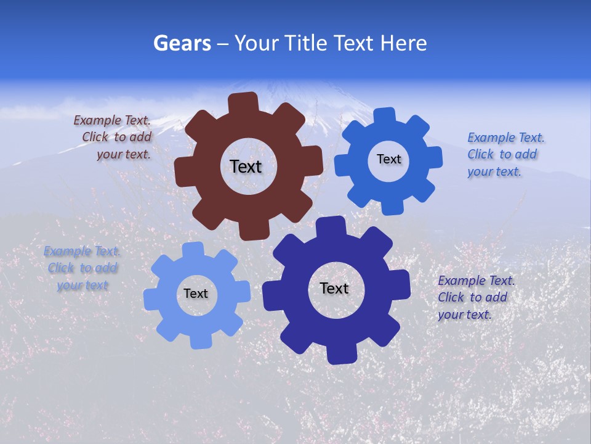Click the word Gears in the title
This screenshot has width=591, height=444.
tap(182, 43)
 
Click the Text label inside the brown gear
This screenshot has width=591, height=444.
tap(246, 166)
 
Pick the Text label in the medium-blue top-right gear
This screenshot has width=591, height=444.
tap(388, 159)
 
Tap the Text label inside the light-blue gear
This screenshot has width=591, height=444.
tap(196, 294)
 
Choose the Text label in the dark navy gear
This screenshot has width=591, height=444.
tap(334, 288)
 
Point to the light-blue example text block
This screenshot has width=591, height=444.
tap(82, 268)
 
